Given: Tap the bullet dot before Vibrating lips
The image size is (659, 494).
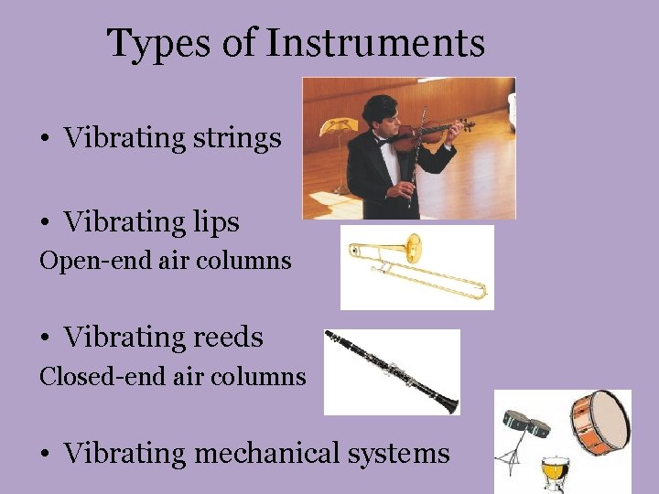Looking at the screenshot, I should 44,223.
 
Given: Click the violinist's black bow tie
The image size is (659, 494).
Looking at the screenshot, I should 383,141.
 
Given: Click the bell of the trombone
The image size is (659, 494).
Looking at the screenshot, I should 413,246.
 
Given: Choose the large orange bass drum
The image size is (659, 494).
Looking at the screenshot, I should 600,423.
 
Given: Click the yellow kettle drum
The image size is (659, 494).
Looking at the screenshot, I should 554,471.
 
